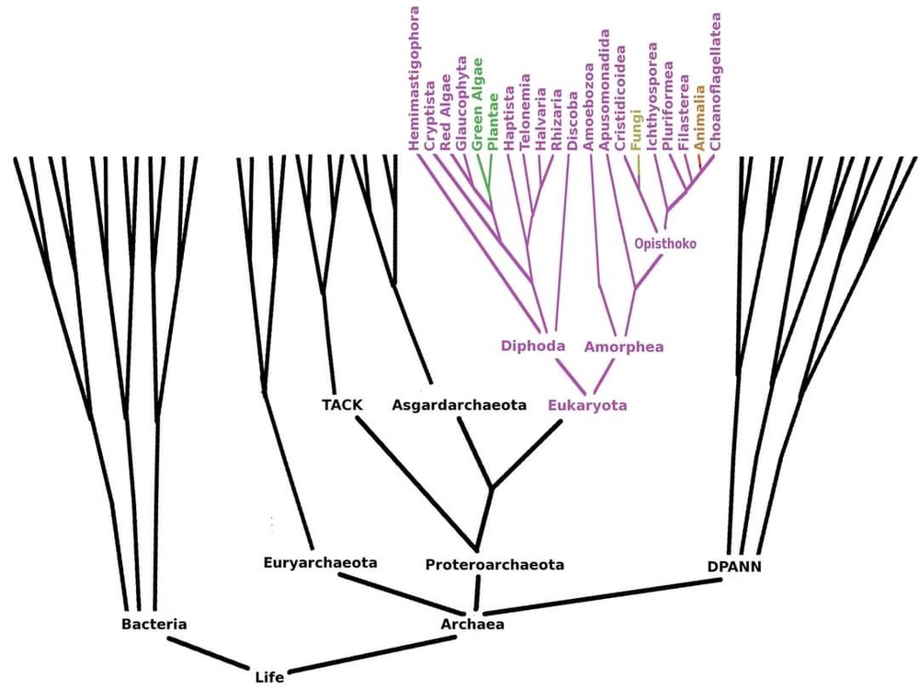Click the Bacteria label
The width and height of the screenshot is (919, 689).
pyautogui.click(x=154, y=625)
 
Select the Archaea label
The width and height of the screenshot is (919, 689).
pyautogui.click(x=472, y=625)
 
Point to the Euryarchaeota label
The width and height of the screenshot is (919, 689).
pyautogui.click(x=320, y=562)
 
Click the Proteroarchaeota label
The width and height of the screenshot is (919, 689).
pyautogui.click(x=494, y=565)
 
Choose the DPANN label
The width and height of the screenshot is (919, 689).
pyautogui.click(x=734, y=567)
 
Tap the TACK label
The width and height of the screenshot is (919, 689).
pyautogui.click(x=343, y=404)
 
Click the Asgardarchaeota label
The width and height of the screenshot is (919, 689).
pyautogui.click(x=459, y=404)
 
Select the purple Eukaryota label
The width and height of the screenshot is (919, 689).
pyautogui.click(x=588, y=404)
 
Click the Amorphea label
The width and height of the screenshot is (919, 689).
pyautogui.click(x=624, y=347)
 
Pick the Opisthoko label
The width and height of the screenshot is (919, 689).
pyautogui.click(x=665, y=244)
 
